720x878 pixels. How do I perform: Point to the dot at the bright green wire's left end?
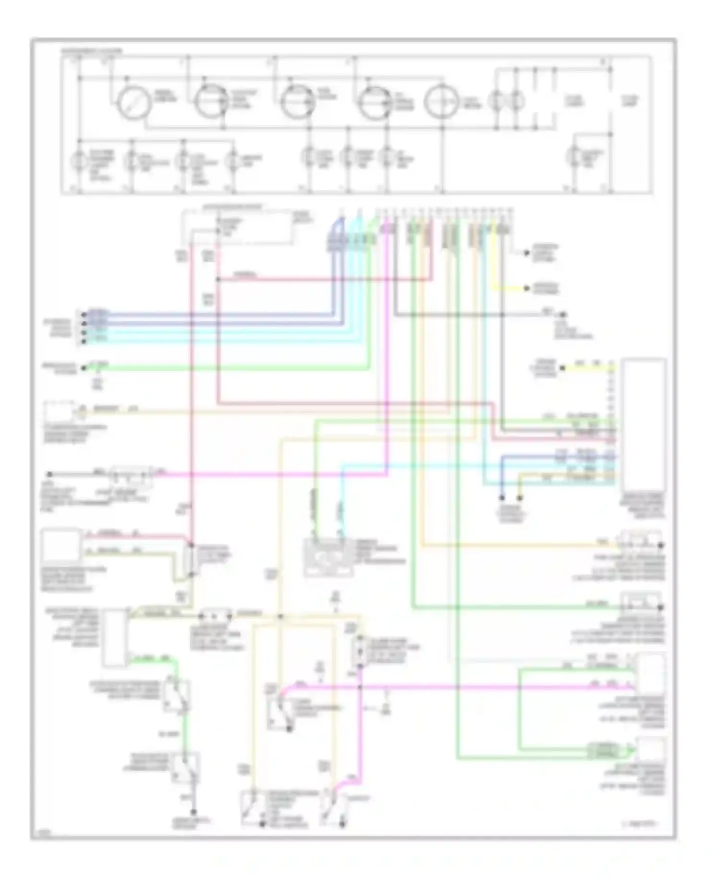[84, 368]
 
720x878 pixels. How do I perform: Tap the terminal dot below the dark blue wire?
[502, 498]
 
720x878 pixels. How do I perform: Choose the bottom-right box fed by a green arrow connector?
[651, 750]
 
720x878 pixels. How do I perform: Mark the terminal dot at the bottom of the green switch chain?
[193, 812]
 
